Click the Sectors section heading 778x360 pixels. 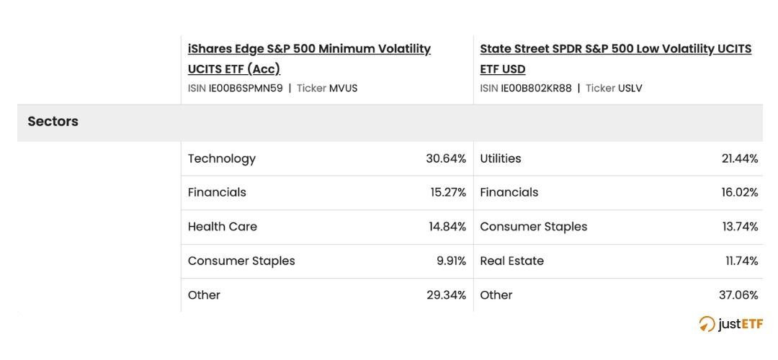click(x=53, y=122)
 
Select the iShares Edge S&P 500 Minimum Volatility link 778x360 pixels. click(x=309, y=49)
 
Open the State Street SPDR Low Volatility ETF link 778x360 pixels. click(x=615, y=49)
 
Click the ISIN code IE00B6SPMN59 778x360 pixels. click(x=246, y=89)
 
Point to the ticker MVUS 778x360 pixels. click(x=343, y=89)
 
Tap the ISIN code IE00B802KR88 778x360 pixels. click(x=536, y=89)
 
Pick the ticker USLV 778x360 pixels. click(x=630, y=89)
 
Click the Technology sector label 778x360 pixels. click(x=221, y=158)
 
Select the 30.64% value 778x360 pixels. click(x=446, y=158)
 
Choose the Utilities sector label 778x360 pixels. click(x=500, y=158)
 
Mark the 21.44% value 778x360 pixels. click(x=739, y=158)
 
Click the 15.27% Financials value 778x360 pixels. click(x=448, y=192)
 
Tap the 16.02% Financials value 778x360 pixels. click(x=738, y=192)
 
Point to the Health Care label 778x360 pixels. click(x=222, y=227)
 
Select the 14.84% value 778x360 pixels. click(x=447, y=227)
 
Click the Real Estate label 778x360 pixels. click(x=511, y=261)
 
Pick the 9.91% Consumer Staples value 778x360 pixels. click(x=451, y=261)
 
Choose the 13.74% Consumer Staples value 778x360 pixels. click(x=739, y=227)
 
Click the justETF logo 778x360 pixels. click(x=730, y=324)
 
